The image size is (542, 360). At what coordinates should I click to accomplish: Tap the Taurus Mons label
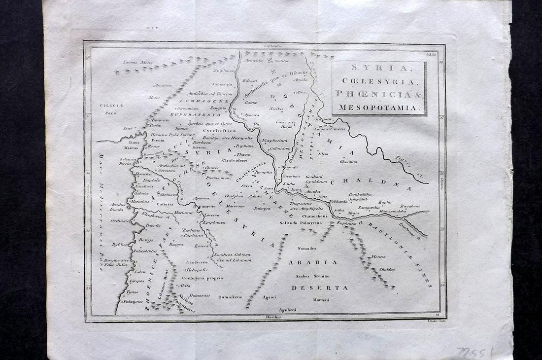point(137,63)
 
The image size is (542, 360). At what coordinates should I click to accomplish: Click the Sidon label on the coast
point(140,272)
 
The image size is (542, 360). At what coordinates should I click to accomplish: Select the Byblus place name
point(120,244)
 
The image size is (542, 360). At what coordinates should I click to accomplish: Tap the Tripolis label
point(153,225)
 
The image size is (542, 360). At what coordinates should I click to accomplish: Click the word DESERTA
point(319,287)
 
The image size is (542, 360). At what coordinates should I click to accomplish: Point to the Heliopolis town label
point(197,270)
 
